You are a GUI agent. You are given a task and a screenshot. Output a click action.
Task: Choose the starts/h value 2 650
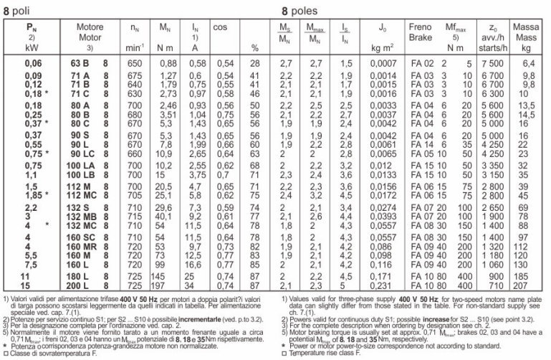(493, 208)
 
